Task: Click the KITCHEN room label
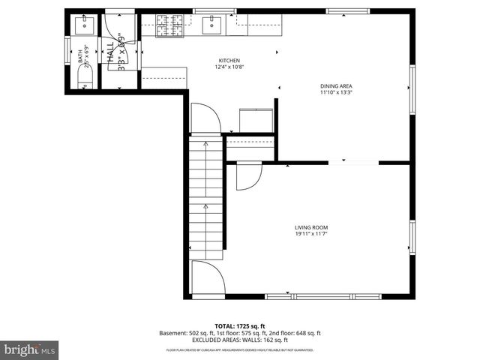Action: click(x=229, y=61)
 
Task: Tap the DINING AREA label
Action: click(x=336, y=85)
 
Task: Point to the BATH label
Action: click(x=80, y=56)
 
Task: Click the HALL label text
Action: click(x=110, y=55)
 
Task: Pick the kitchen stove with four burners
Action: click(x=169, y=26)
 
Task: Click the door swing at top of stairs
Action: click(x=205, y=118)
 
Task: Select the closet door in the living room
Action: click(x=247, y=176)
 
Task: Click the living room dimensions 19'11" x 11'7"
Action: click(x=311, y=234)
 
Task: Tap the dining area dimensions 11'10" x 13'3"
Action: click(x=336, y=93)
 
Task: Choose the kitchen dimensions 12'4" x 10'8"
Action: click(x=229, y=67)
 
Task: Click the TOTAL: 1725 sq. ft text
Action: click(x=240, y=325)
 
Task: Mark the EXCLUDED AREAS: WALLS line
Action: click(x=240, y=340)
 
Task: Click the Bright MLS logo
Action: click(x=30, y=349)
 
